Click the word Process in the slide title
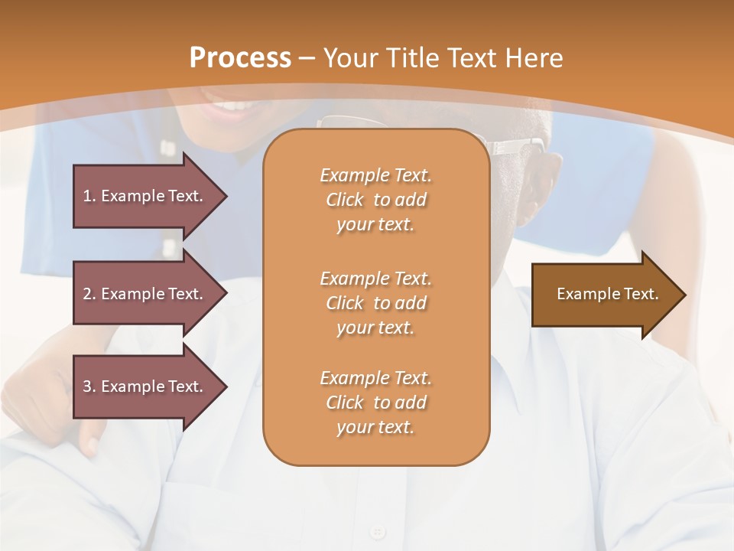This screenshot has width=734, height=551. pyautogui.click(x=240, y=58)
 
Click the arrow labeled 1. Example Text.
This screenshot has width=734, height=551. pyautogui.click(x=145, y=196)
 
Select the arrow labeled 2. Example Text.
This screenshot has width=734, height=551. pyautogui.click(x=145, y=294)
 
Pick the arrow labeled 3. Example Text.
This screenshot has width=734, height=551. pyautogui.click(x=145, y=386)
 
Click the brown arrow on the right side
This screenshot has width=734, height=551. pyautogui.click(x=604, y=294)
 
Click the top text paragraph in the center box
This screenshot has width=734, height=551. pyautogui.click(x=375, y=200)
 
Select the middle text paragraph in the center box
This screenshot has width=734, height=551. pyautogui.click(x=375, y=303)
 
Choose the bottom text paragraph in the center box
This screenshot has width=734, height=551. pyautogui.click(x=375, y=403)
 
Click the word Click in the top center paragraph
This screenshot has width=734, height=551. pyautogui.click(x=345, y=200)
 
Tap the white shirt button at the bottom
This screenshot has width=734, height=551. pyautogui.click(x=377, y=531)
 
